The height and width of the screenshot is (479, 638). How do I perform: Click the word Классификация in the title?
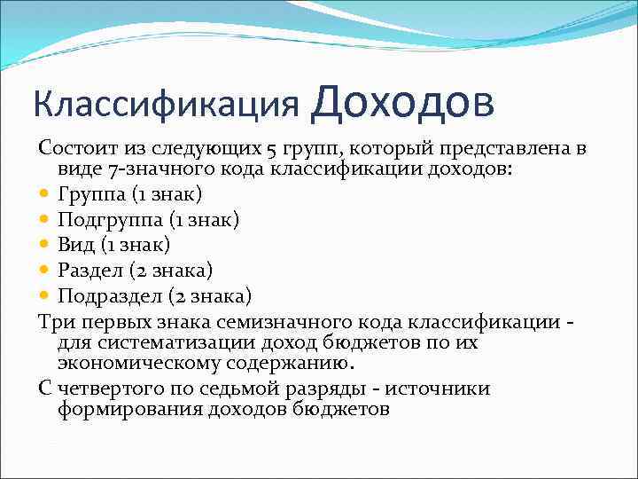coord(165,104)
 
